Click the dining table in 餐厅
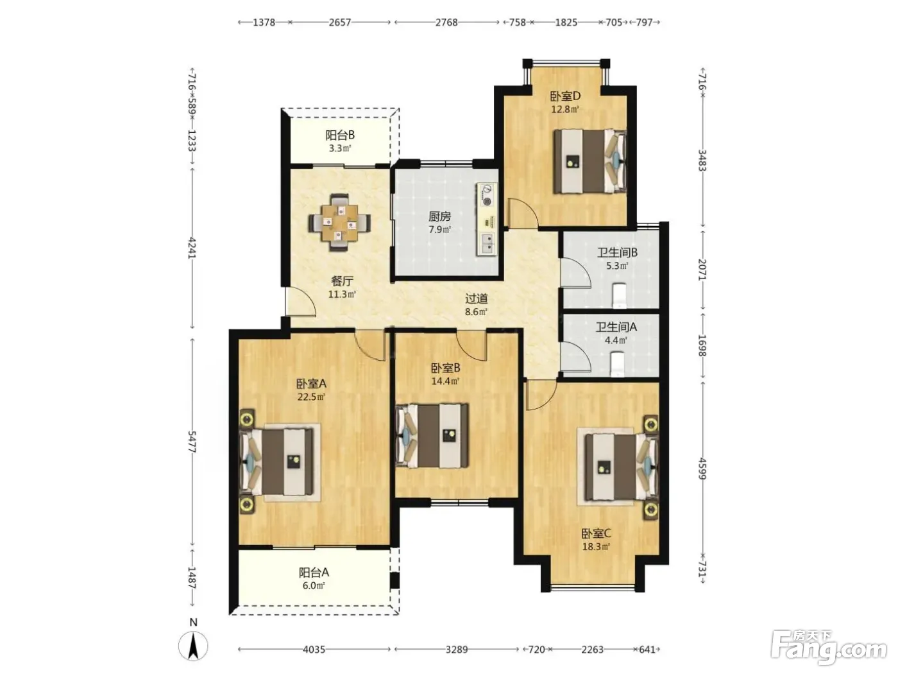tap(339, 222)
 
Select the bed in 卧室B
tap(432, 436)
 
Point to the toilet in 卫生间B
tap(620, 296)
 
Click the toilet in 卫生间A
tap(618, 365)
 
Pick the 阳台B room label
tap(340, 135)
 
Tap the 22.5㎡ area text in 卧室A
tap(311, 397)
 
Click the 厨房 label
tap(440, 216)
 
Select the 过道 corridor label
tap(476, 298)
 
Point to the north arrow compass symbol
tap(193, 646)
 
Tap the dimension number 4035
tap(314, 650)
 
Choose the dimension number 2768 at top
tap(446, 22)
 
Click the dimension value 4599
tap(702, 469)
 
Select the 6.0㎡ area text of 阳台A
tap(314, 585)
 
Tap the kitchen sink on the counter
tap(487, 243)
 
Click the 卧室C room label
tap(596, 533)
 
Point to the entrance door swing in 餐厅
tap(301, 302)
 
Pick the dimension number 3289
tap(457, 650)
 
